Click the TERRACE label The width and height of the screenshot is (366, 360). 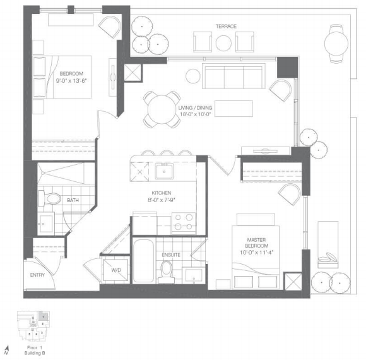click(x=226, y=27)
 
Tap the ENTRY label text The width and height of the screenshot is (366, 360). click(x=37, y=275)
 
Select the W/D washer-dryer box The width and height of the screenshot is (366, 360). click(x=115, y=270)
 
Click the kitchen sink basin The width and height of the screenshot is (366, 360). click(x=164, y=171)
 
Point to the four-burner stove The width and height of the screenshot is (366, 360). click(x=184, y=224)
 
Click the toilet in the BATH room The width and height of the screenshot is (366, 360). click(x=49, y=199)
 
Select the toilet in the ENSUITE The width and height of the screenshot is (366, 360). click(x=167, y=272)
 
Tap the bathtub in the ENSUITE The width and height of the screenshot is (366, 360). click(x=143, y=261)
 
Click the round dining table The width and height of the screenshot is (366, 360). click(x=162, y=109)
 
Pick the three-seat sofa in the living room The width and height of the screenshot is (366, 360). click(x=233, y=76)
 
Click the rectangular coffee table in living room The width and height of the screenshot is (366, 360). click(x=233, y=109)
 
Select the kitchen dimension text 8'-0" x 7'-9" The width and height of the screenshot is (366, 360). click(x=162, y=200)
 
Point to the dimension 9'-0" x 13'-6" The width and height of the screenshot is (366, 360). click(x=71, y=81)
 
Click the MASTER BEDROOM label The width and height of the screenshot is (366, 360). click(x=256, y=243)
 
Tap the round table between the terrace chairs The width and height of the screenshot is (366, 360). click(x=223, y=43)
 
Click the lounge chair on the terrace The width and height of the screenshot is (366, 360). click(x=328, y=244)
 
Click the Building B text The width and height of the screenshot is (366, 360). click(x=35, y=353)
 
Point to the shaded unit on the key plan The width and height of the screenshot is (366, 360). click(x=44, y=316)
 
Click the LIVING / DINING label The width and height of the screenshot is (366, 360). click(x=195, y=108)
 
